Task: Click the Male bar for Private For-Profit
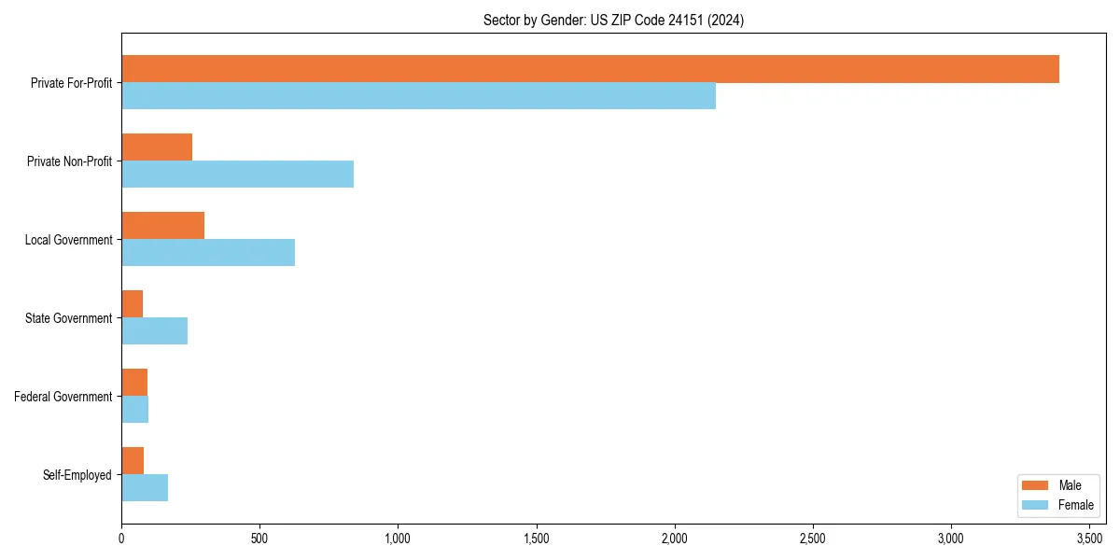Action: [590, 69]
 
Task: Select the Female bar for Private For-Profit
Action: [418, 96]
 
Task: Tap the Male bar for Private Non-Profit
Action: [157, 147]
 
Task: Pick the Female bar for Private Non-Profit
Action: [237, 175]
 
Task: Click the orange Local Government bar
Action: [162, 226]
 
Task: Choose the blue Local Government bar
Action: [208, 253]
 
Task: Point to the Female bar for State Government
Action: [154, 331]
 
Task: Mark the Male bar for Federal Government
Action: [134, 383]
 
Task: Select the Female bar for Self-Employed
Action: [145, 488]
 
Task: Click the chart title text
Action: [613, 20]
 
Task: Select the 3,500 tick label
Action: [1089, 539]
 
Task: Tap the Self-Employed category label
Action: [77, 475]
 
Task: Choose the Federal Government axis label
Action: [63, 397]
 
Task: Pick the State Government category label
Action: [68, 318]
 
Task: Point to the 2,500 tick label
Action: [813, 539]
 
